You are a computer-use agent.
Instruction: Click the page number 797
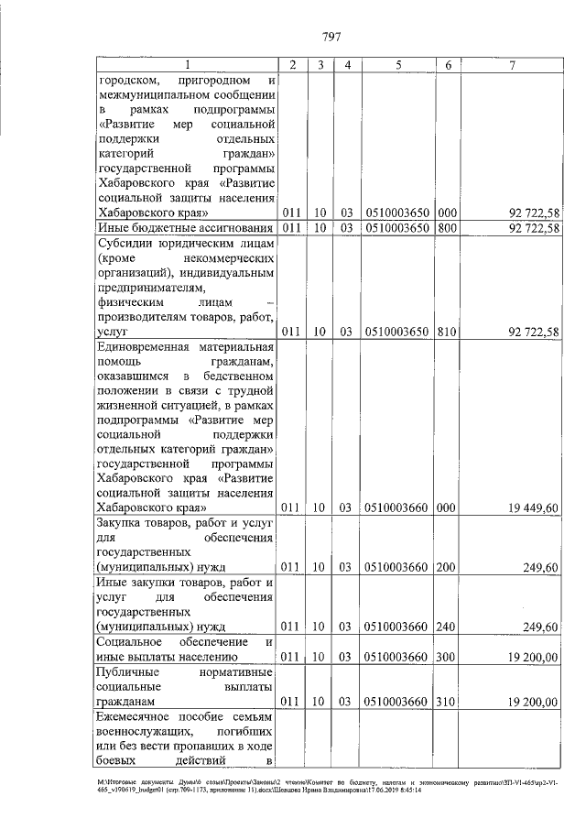point(331,37)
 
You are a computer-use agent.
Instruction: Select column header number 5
point(398,64)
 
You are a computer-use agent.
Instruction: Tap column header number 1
point(189,64)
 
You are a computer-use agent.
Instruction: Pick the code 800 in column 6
point(448,227)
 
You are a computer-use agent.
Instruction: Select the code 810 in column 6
point(448,331)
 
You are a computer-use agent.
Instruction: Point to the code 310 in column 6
point(448,702)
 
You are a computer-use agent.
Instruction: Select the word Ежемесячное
point(134,717)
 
